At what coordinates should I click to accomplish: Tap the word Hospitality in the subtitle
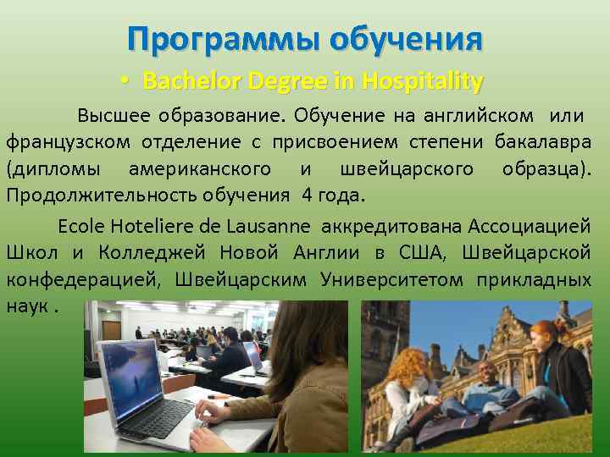tap(422, 81)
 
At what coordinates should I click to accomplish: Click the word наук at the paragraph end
tap(25, 305)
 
